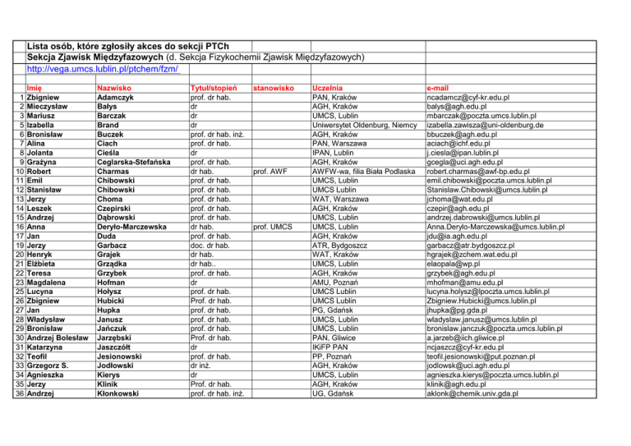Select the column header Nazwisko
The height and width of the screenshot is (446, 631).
pos(117,86)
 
